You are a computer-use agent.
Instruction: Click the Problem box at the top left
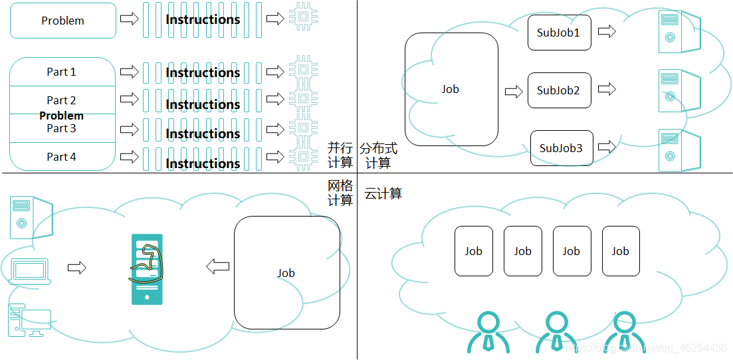pos(63,21)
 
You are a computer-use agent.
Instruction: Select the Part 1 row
pos(62,72)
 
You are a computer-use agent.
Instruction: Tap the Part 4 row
pos(62,157)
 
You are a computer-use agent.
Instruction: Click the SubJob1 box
pos(559,32)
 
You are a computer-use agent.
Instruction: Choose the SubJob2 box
pos(559,90)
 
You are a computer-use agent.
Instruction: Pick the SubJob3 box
pos(561,148)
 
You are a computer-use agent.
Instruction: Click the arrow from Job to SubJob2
pos(514,91)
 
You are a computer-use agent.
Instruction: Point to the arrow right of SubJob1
pos(607,31)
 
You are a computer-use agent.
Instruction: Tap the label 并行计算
pos(340,155)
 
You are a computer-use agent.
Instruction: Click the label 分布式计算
pos(378,155)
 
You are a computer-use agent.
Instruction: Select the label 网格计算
pos(340,193)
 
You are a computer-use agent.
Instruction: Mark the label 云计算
pos(383,194)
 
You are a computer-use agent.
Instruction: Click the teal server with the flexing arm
pos(146,269)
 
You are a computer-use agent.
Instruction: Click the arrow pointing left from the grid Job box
pos(217,267)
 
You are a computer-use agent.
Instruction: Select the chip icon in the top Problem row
pos(303,17)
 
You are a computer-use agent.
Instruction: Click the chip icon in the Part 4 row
pos(303,157)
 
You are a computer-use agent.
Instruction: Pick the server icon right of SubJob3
pos(678,149)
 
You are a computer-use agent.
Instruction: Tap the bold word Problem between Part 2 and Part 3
pos(61,116)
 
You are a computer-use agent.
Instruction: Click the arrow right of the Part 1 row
pos(130,71)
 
